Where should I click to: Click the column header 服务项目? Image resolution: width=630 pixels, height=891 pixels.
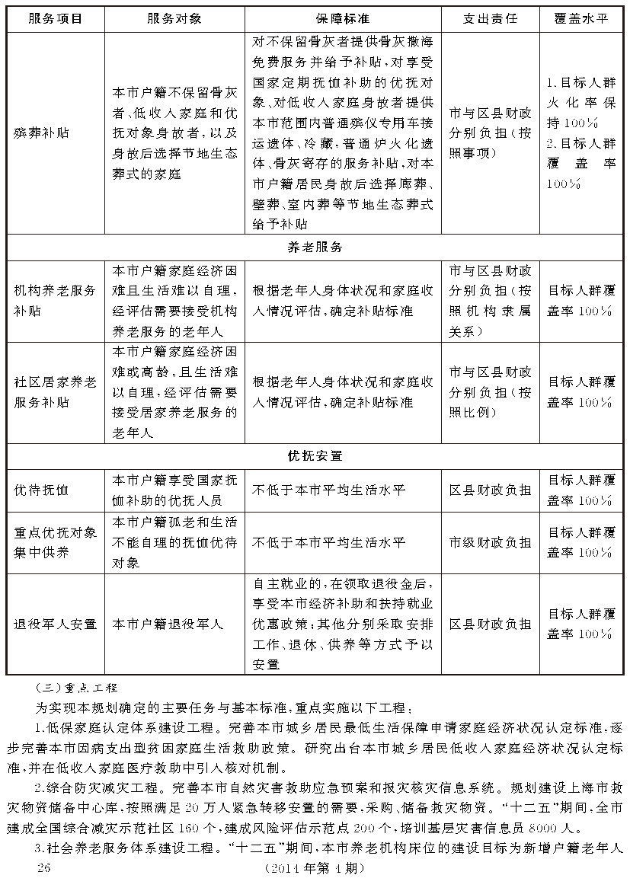coord(55,19)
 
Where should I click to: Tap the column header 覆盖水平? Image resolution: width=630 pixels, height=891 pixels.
coord(580,19)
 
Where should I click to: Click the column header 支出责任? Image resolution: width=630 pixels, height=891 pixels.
coord(490,19)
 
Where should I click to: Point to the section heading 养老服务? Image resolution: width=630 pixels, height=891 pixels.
coord(315,247)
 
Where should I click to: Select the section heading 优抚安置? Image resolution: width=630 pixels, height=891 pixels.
coord(315,456)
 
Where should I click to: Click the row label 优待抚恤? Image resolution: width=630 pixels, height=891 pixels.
coord(41,490)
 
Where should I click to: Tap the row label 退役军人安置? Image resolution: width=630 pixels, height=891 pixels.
coord(55,624)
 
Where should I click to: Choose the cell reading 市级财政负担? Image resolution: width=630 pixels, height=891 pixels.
coord(490,542)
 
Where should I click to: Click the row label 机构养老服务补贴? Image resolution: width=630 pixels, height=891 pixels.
coord(55,301)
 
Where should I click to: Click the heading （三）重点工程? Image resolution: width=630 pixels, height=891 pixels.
coord(82,687)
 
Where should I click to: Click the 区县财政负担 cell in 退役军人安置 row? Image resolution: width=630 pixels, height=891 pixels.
coord(490,624)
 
